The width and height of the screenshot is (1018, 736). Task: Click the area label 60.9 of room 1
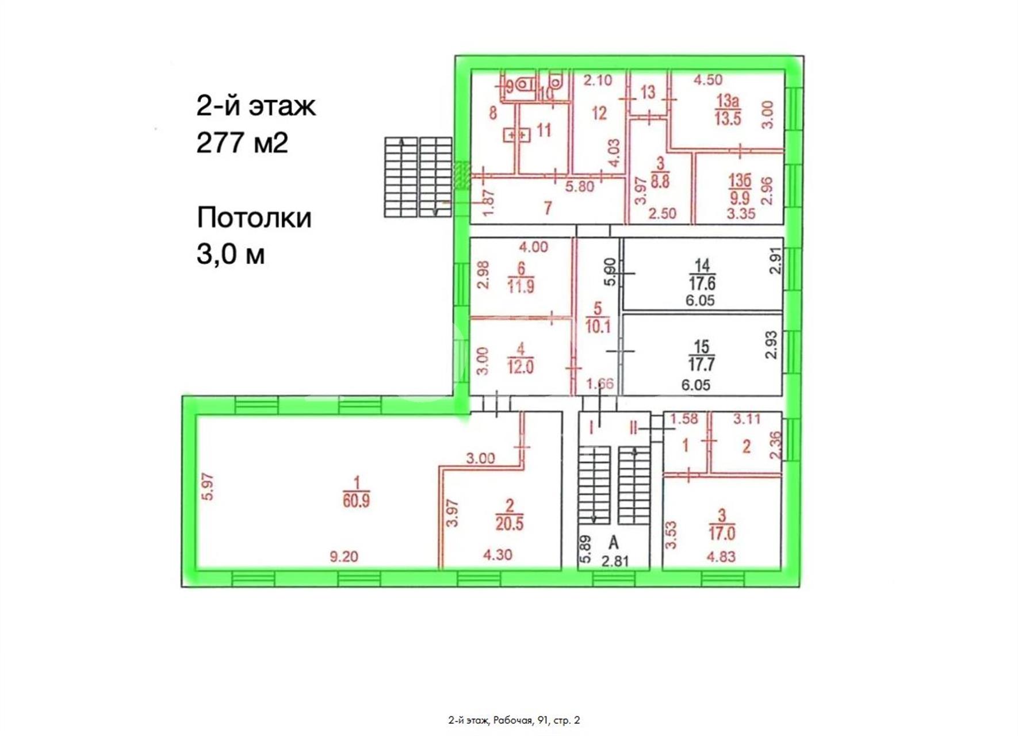[356, 501]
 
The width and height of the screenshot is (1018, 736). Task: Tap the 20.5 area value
[509, 524]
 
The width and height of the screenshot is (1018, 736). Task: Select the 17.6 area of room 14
[702, 283]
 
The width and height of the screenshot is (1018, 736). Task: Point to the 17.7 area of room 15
[701, 365]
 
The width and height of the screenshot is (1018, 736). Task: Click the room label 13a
[728, 102]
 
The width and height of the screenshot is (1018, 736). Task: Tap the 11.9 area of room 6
[521, 286]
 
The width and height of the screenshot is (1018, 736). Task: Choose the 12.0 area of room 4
[520, 367]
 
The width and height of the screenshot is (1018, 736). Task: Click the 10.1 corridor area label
[598, 327]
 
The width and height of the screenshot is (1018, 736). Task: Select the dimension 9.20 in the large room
[344, 556]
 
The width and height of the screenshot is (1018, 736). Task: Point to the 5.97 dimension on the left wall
[208, 486]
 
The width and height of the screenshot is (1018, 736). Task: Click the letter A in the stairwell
[614, 542]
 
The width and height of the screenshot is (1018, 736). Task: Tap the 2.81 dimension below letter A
[615, 561]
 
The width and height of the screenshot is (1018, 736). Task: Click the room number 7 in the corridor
[548, 208]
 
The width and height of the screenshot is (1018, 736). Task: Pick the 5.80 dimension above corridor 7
[579, 186]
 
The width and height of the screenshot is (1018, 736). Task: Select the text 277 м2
[242, 142]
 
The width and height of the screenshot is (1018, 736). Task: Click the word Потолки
[254, 217]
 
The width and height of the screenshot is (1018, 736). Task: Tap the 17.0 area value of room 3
[722, 534]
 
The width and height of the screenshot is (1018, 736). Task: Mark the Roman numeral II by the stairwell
[633, 428]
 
